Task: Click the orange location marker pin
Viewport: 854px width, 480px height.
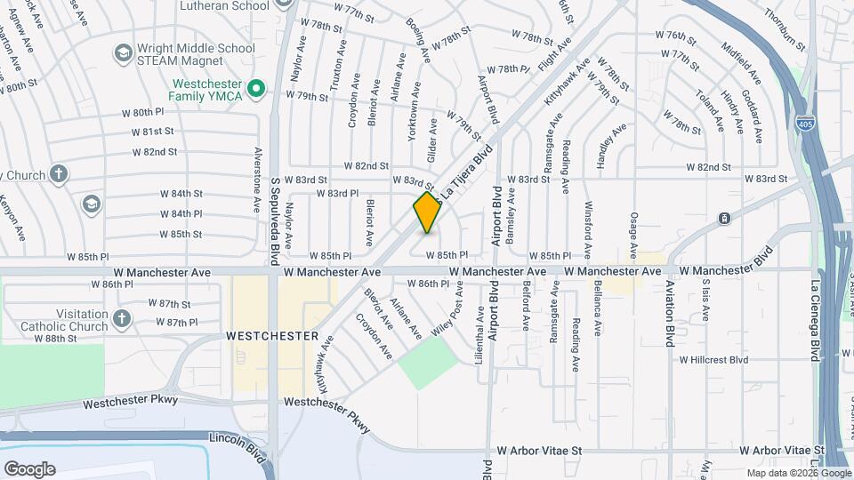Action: (428, 212)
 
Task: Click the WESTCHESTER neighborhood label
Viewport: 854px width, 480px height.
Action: (271, 336)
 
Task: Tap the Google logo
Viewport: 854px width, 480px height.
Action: (29, 468)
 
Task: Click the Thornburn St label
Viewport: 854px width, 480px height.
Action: (784, 29)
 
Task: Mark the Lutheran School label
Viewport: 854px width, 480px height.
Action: (223, 5)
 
